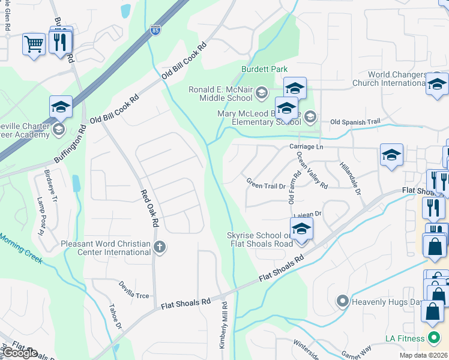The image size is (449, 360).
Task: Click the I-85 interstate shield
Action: [x=155, y=29]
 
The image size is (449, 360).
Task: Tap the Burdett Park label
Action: [x=265, y=70]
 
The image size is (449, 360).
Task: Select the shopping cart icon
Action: [x=34, y=43]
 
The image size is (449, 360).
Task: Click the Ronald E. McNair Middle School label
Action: [x=220, y=94]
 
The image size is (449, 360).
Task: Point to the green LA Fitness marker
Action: [x=431, y=335]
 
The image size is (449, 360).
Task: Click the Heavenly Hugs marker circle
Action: [x=343, y=301]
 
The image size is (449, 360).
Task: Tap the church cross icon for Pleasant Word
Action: [x=160, y=246]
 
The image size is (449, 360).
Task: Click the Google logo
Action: [x=20, y=353]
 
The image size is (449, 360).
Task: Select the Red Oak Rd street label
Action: [x=149, y=208]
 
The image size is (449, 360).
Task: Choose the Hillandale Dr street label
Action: [x=349, y=179]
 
